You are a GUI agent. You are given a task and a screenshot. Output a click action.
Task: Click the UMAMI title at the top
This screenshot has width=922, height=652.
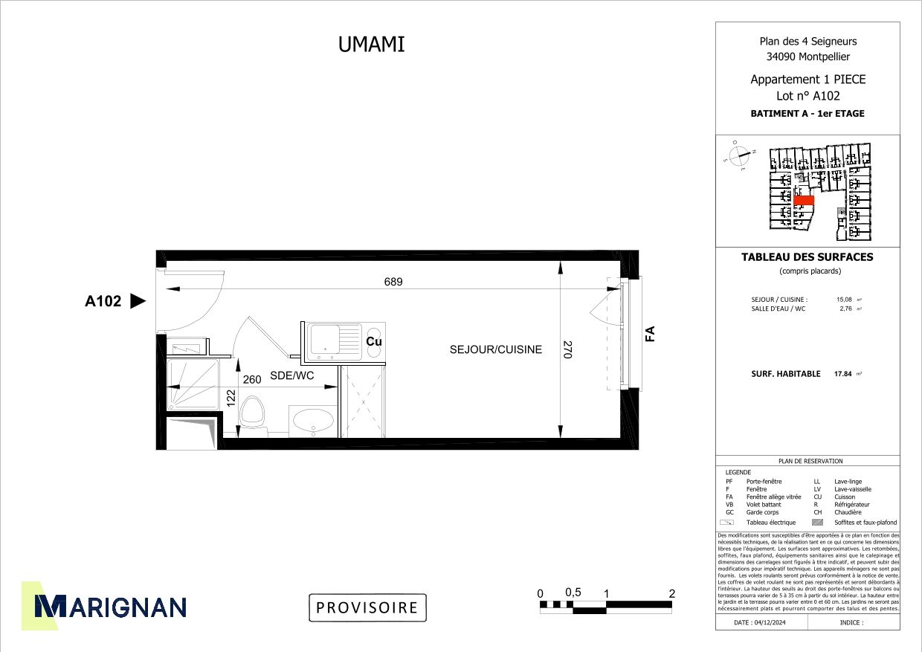tap(371, 45)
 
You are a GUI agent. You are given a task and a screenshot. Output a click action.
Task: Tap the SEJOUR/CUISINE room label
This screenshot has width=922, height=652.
tap(495, 349)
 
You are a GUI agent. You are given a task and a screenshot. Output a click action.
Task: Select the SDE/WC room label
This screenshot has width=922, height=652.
tap(291, 376)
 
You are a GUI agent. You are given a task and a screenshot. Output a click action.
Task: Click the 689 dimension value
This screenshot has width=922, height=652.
tap(393, 282)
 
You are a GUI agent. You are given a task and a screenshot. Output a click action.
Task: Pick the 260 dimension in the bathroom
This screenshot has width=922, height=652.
tap(252, 379)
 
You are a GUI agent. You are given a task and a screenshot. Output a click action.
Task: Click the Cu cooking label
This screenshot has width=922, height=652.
tap(374, 341)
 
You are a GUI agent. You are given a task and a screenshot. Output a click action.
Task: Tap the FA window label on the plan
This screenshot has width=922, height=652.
tap(650, 334)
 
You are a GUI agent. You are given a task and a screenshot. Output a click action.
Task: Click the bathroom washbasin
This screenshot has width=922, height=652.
tap(312, 422)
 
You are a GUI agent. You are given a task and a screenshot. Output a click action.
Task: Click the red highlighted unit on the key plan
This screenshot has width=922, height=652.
tap(804, 201)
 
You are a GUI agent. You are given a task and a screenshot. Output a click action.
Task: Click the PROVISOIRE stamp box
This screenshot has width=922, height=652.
tap(367, 607)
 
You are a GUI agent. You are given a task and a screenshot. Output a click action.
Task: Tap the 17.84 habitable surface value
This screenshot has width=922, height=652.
tap(842, 374)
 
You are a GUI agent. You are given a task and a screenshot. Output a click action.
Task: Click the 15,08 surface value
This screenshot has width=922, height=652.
tap(845, 300)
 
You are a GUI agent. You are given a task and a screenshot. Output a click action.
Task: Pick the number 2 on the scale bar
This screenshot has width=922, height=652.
tap(672, 593)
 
